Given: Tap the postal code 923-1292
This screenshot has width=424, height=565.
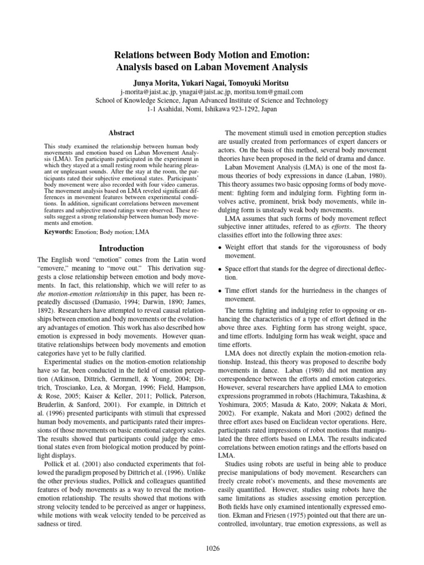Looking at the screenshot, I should point(246,110).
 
